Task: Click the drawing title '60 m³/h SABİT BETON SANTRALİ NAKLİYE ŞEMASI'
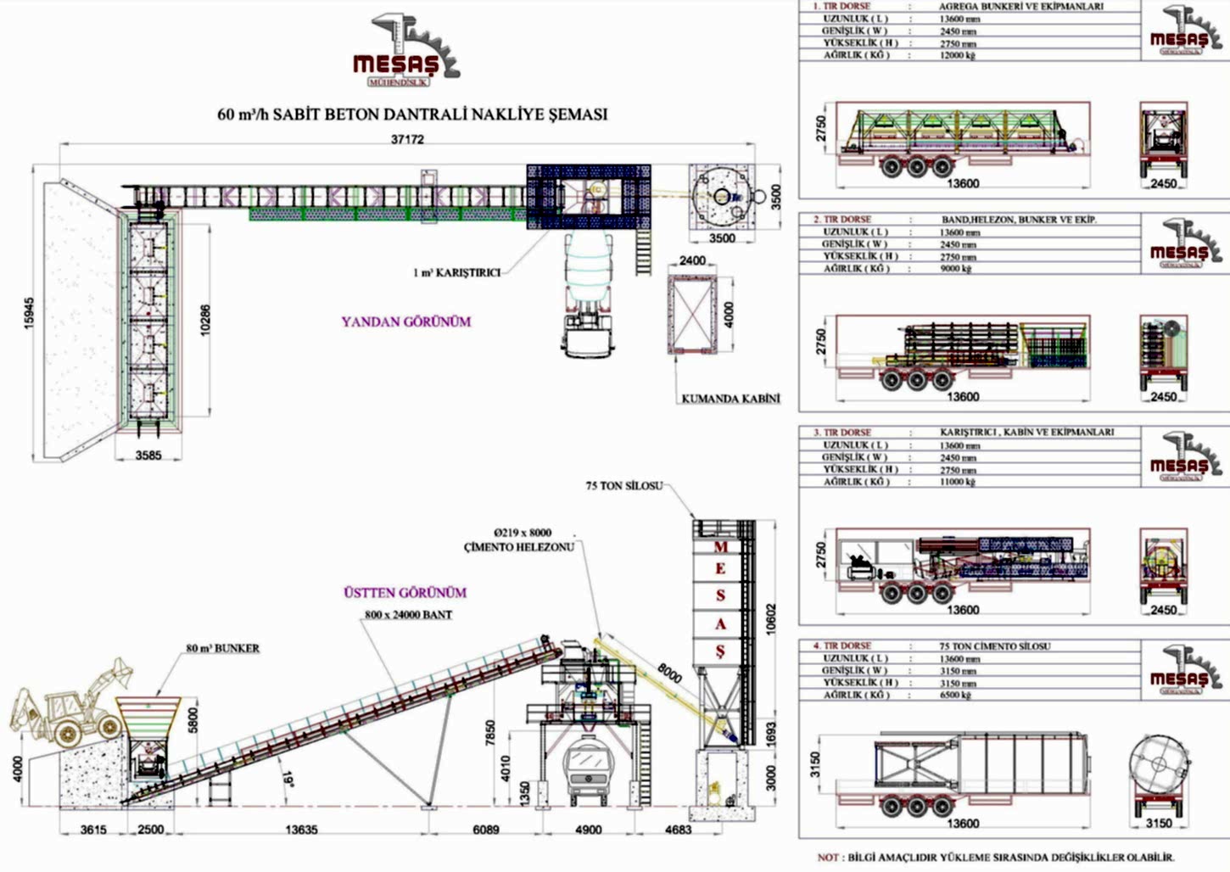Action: tap(412, 114)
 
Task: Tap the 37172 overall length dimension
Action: tap(407, 139)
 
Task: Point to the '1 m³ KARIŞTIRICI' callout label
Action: tap(456, 272)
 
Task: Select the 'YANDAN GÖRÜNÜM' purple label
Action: tap(405, 321)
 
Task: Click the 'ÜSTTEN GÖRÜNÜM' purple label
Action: tap(405, 592)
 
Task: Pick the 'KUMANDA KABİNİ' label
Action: tap(730, 398)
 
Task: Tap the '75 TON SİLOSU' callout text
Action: tap(623, 486)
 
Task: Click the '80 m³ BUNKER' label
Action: tap(223, 648)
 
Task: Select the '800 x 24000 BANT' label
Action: tap(408, 614)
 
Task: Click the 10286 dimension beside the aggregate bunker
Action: tap(204, 320)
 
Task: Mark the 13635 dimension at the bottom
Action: tap(300, 830)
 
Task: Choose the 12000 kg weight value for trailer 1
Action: tap(958, 55)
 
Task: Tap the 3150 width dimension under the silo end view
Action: tap(1158, 823)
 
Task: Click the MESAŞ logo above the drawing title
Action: tap(405, 51)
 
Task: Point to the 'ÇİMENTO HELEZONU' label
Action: tap(518, 547)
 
